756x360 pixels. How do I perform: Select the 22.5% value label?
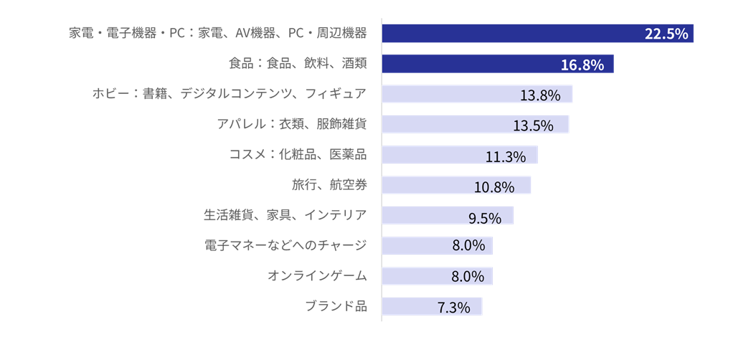click(666, 34)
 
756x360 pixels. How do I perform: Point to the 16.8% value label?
click(582, 65)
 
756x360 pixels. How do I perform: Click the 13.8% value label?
click(539, 95)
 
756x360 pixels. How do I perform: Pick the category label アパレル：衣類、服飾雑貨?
click(292, 124)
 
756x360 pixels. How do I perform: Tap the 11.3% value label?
click(506, 156)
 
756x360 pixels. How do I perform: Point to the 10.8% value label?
click(494, 187)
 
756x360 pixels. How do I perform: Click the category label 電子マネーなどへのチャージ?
click(285, 246)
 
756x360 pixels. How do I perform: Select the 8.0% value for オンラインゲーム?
click(468, 278)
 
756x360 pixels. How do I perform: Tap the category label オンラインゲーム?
click(317, 276)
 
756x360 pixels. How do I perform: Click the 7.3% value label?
click(453, 308)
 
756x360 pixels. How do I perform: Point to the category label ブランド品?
click(336, 306)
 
